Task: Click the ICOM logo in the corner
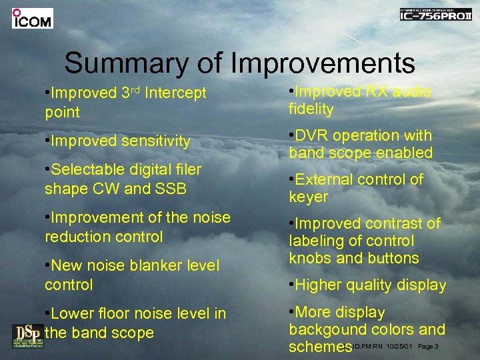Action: [32, 19]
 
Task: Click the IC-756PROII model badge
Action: [435, 15]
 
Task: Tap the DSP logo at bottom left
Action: [26, 335]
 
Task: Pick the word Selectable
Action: [85, 169]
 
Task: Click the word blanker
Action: [144, 265]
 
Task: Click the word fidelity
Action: [311, 109]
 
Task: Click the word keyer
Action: [308, 197]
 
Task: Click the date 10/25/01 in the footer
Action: [400, 347]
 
